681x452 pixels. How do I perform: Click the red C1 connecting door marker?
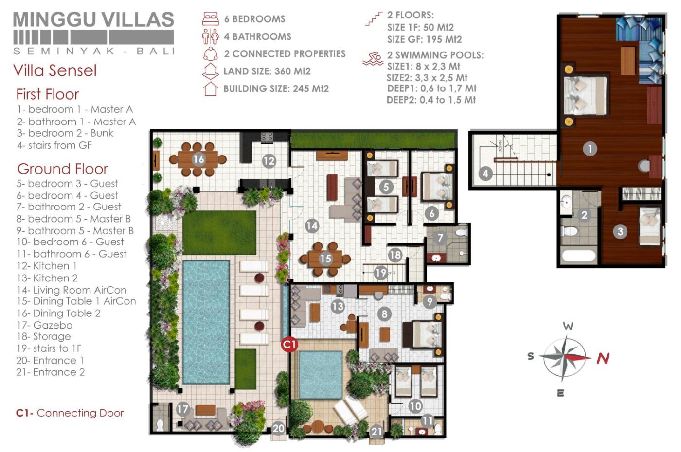[x=289, y=345]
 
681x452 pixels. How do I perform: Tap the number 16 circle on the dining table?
[x=198, y=159]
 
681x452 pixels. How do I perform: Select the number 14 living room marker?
[x=312, y=226]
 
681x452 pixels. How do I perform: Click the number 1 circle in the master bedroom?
[x=590, y=149]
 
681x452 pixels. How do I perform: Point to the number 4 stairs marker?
[x=485, y=174]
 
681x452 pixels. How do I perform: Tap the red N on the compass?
[x=603, y=359]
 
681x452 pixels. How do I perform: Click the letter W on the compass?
[x=568, y=326]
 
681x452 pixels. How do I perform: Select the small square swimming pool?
[x=321, y=375]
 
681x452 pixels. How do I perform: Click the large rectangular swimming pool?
[x=206, y=322]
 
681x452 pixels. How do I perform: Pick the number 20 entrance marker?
[x=278, y=428]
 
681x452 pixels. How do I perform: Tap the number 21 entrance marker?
[x=376, y=432]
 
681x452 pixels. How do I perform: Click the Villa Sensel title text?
[x=55, y=70]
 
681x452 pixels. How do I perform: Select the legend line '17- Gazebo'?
[x=45, y=325]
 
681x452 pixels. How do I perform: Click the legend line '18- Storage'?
[x=44, y=336]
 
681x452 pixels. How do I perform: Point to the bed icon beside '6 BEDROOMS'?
[x=210, y=18]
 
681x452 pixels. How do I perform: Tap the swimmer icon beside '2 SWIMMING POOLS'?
[x=373, y=59]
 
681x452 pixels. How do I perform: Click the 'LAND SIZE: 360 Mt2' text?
[x=267, y=71]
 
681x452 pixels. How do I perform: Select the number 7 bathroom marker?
[x=440, y=238]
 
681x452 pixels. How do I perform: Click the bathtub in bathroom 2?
[x=578, y=256]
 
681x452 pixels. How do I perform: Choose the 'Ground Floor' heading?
[x=63, y=169]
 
